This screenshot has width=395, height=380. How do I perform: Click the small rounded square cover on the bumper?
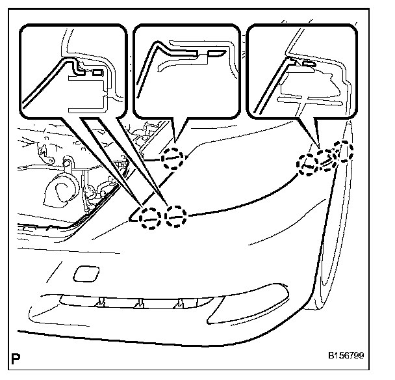tap(84, 273)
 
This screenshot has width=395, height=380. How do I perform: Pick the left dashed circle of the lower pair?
tap(150, 216)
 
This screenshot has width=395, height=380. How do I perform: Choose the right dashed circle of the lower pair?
tap(175, 215)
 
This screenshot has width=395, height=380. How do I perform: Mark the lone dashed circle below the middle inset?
tap(173, 157)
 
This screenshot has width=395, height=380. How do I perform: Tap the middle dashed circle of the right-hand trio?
tap(326, 160)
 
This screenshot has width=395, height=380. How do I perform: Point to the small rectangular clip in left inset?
tap(97, 72)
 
